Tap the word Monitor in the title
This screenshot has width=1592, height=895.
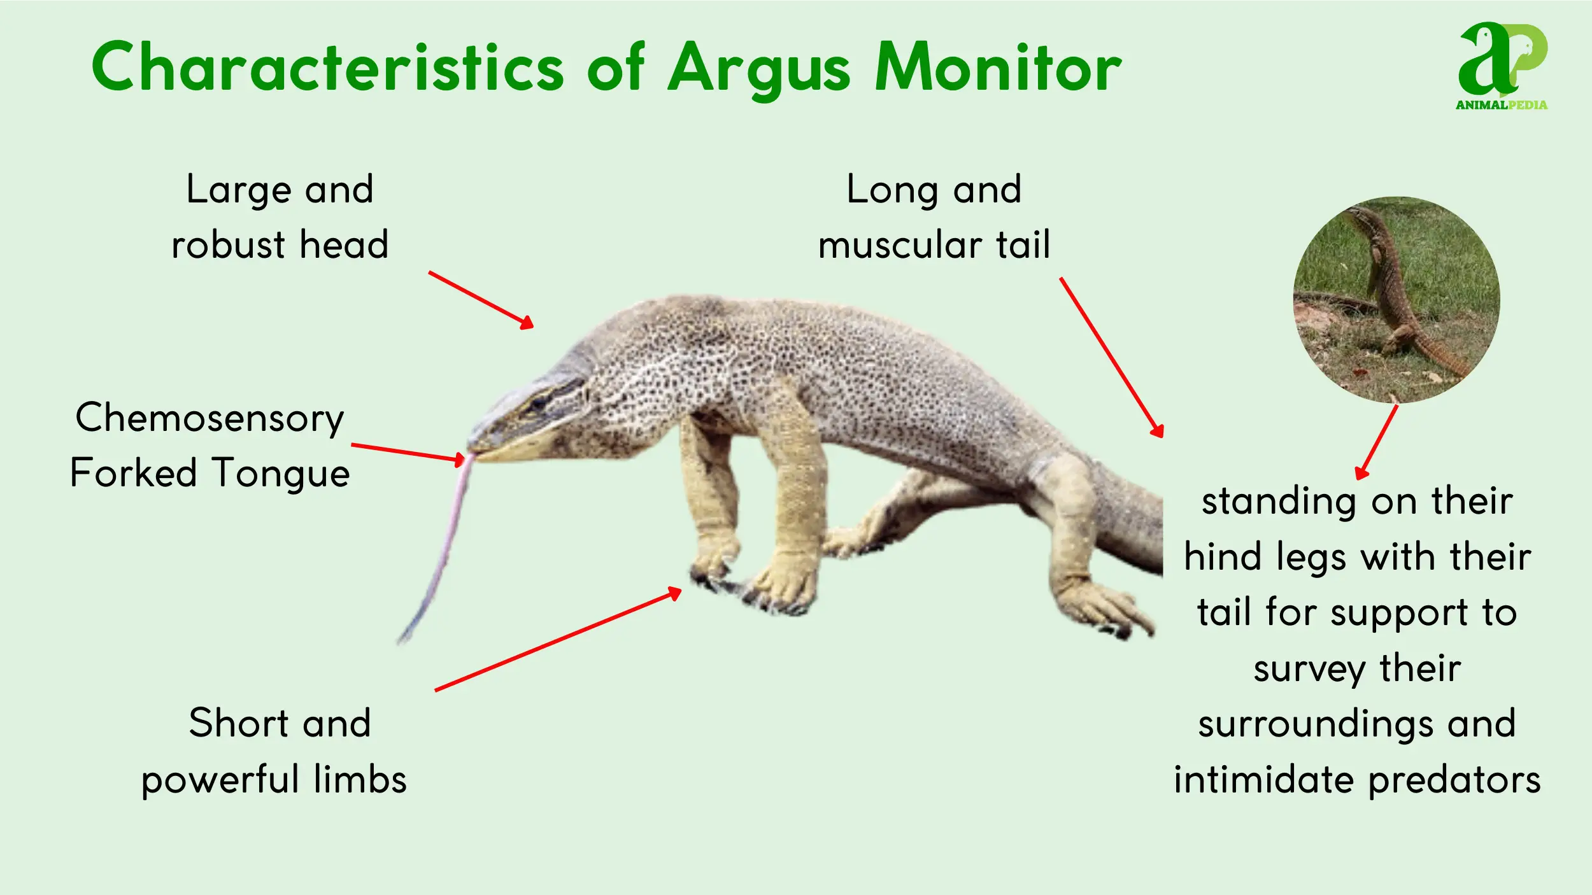pos(998,67)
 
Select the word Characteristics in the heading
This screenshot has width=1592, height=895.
pos(327,66)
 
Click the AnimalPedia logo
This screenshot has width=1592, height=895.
pos(1502,66)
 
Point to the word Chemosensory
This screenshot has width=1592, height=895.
pos(210,419)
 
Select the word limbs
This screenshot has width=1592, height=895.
pos(360,779)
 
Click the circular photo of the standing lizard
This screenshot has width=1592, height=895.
pos(1397,300)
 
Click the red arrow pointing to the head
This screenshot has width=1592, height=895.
pos(481,300)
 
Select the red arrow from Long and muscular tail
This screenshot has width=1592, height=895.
pos(1112,357)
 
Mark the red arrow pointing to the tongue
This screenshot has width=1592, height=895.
pos(408,453)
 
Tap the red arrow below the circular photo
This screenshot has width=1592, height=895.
pos(1376,442)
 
